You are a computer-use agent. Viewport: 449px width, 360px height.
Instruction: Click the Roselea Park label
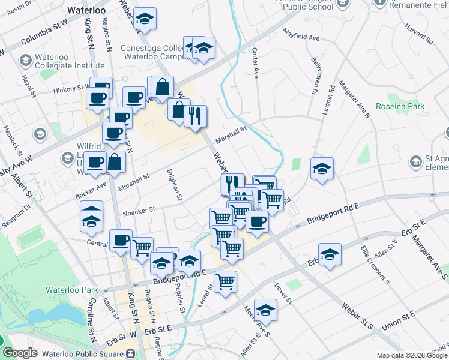coord(399,106)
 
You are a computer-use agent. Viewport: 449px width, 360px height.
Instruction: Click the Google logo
coord(19,353)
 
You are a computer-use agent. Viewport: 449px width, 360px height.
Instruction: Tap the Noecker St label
coord(139,211)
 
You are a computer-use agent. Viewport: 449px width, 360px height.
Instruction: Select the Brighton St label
coord(175,184)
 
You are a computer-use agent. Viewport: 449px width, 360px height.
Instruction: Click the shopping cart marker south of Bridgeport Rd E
coord(225,281)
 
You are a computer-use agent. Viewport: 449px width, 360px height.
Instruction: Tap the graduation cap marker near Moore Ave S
coord(265,310)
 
